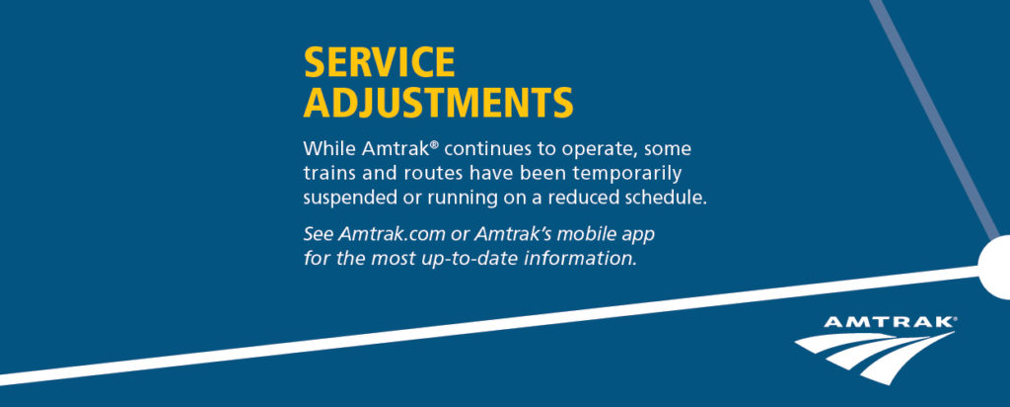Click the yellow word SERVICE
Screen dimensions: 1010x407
[x=379, y=62]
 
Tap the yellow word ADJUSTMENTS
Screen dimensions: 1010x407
[x=438, y=103]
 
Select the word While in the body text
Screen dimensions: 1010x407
[x=329, y=149]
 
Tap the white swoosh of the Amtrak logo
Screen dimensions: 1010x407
[x=875, y=357]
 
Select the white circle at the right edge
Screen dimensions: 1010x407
[x=995, y=267]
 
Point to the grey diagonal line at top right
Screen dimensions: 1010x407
[x=935, y=120]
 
